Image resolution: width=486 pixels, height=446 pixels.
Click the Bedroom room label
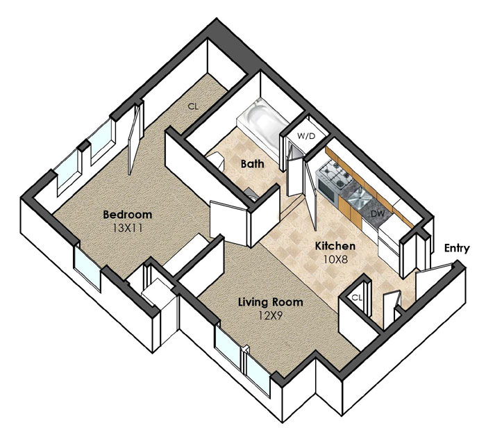pos(127,214)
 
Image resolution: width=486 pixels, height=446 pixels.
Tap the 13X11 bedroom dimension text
pos(127,229)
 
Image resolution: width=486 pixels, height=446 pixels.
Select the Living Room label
pos(270,302)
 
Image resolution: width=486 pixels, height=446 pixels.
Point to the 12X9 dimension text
pos(271,315)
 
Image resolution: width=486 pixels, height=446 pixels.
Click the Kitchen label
pos(335,246)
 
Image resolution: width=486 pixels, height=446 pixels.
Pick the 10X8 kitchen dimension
pos(335,259)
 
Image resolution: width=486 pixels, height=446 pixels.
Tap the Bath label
pos(253,164)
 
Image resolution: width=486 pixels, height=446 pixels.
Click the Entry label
pos(457,249)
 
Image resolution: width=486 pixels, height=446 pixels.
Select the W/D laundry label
pos(305,136)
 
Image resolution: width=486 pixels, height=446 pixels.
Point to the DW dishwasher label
pos(378,213)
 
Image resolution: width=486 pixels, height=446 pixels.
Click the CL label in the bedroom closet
pos(193,107)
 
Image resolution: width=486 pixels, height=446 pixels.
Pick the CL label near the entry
pos(357,298)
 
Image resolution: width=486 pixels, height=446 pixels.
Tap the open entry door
pos(433,281)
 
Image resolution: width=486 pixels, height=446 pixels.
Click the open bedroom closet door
pos(134,139)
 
